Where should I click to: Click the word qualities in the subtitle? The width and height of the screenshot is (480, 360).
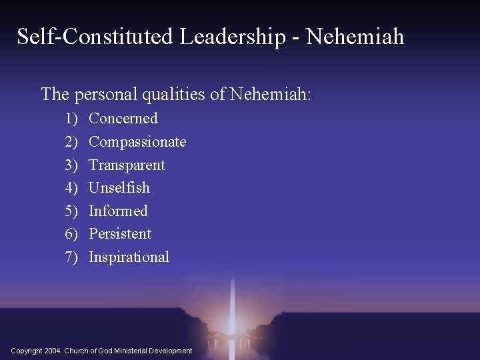tap(174, 95)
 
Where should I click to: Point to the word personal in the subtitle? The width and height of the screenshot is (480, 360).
tap(107, 95)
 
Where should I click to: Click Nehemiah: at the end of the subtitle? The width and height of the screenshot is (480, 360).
tap(270, 95)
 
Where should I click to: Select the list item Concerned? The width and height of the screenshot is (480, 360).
tap(123, 119)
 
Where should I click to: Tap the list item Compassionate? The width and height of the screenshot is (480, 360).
tap(137, 142)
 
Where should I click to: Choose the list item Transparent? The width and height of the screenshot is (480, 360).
tap(127, 165)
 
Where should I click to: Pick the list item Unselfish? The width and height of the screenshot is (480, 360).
tap(119, 188)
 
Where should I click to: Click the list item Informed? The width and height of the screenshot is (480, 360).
tap(118, 211)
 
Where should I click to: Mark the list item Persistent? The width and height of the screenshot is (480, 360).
tap(120, 234)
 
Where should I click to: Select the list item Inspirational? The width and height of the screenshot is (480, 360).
tap(129, 257)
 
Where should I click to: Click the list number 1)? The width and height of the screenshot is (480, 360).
tap(71, 119)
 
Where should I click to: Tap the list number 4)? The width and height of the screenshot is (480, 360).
tap(71, 188)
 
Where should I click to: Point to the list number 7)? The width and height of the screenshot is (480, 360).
tap(71, 257)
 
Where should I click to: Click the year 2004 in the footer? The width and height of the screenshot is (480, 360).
tap(53, 351)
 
